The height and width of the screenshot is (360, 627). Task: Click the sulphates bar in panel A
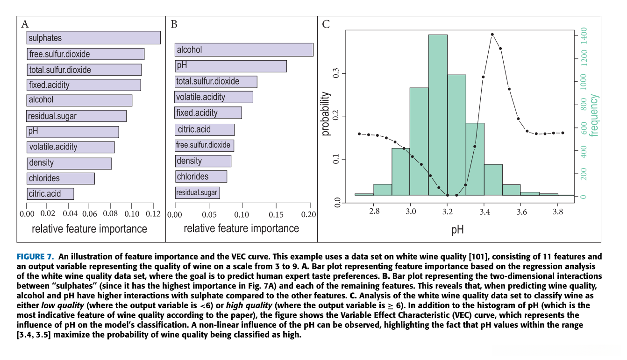point(93,38)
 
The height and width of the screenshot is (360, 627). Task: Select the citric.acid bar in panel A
point(50,194)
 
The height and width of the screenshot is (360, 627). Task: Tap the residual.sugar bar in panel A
point(76,116)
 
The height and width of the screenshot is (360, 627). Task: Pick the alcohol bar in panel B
point(244,50)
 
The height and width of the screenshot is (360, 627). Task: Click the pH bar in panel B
point(231,66)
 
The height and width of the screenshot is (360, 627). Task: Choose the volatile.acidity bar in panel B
point(214,97)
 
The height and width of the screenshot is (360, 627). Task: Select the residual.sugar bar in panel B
point(197,192)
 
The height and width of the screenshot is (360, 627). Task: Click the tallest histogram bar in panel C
point(438,114)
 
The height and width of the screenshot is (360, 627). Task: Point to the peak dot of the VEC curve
point(492,35)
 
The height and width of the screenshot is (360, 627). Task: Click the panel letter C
point(327,24)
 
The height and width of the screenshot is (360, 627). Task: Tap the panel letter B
point(174,24)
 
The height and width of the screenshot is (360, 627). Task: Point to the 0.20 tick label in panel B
point(308,214)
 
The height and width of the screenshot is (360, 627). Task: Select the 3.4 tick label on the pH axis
point(484,212)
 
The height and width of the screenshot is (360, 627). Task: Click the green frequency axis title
point(594,115)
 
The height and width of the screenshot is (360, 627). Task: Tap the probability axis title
point(326,113)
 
